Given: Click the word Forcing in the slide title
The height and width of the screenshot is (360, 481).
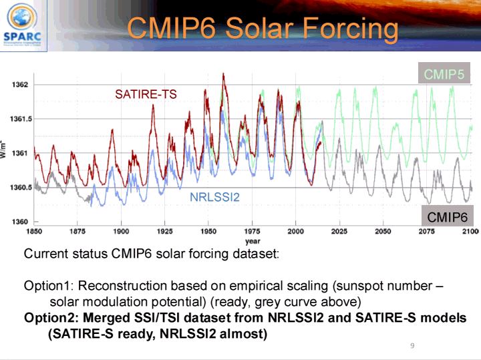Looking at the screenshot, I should point(351,28).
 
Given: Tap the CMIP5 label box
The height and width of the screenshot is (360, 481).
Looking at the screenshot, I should point(444,73).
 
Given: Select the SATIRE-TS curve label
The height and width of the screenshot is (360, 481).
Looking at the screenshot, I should point(146,94).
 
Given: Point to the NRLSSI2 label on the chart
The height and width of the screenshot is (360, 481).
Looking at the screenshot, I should point(214,197).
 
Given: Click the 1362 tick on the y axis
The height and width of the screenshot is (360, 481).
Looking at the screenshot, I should point(19,85).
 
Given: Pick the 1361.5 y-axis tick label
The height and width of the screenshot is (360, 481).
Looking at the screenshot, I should point(17,119).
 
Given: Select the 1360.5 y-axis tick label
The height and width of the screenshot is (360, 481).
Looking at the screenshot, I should point(17,188).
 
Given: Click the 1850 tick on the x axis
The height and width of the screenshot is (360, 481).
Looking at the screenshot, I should point(34,232).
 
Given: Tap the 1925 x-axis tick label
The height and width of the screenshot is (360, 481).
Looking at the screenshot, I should point(165,232).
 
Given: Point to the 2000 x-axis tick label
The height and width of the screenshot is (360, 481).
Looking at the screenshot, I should point(296,232).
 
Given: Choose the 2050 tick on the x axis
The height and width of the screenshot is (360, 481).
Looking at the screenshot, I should point(383,232).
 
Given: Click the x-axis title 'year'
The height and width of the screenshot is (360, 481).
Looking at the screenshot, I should point(253,240).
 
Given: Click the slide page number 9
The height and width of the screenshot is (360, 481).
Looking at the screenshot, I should point(412,346).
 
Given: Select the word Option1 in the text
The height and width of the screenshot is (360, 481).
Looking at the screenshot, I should point(48,286).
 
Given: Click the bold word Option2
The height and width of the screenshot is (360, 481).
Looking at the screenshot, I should point(51,318).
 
